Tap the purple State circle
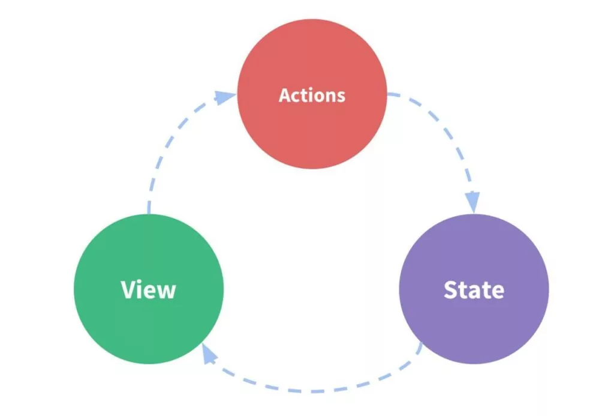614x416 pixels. pyautogui.click(x=474, y=324)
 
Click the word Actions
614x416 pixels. pyautogui.click(x=312, y=95)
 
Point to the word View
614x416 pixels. pyautogui.click(x=148, y=289)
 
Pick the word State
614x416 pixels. pyautogui.click(x=474, y=290)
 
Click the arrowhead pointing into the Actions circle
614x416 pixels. pyautogui.click(x=225, y=97)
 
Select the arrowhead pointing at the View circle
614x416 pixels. pyautogui.click(x=209, y=355)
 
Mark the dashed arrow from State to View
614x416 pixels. pyautogui.click(x=312, y=390)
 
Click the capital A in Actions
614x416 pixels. pyautogui.click(x=285, y=95)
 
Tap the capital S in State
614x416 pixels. pyautogui.click(x=451, y=290)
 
